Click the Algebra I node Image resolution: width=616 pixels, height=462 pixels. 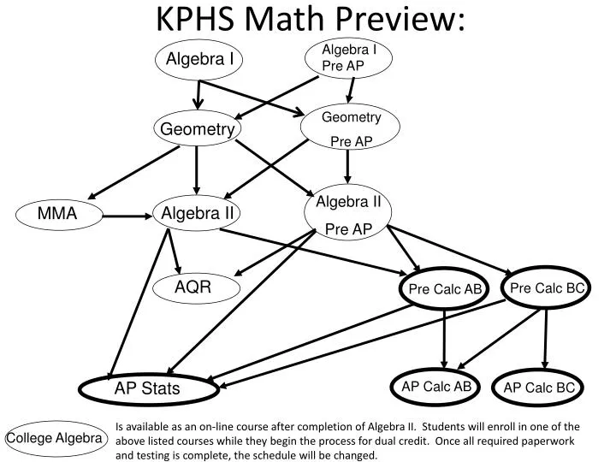199,59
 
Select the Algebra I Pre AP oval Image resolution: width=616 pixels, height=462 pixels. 347,58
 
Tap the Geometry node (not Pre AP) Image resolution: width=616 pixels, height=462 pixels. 198,129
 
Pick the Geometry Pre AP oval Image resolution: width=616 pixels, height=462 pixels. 347,128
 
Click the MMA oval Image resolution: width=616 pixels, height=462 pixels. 58,215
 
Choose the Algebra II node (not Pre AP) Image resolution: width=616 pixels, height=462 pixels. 198,213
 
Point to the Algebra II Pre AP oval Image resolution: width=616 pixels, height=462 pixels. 348,215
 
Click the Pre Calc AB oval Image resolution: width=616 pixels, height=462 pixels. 445,289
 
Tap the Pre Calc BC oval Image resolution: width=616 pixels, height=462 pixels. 546,287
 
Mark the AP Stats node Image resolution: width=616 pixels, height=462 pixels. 147,389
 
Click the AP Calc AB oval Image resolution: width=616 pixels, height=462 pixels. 436,387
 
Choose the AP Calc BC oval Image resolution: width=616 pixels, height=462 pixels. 539,388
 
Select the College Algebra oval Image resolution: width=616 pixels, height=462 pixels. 55,439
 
